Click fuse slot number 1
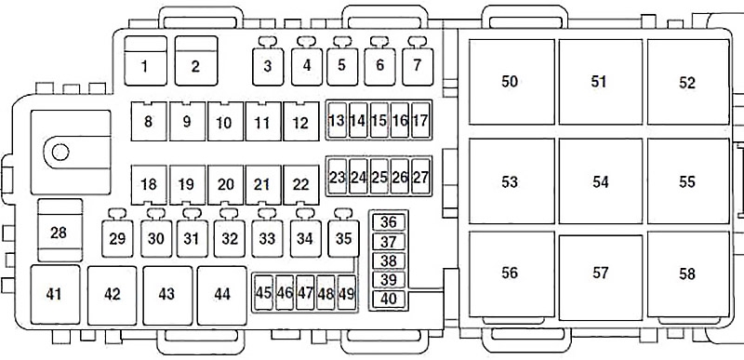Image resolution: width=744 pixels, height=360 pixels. point(144,64)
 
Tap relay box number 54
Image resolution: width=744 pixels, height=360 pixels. point(599,181)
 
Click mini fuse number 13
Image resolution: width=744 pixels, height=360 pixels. point(336,120)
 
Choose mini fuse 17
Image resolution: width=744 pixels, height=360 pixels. point(420,120)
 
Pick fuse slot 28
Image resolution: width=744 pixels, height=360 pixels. point(59,232)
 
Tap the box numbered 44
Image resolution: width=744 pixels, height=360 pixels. point(221,294)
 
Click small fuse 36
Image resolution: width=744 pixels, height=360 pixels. point(388,221)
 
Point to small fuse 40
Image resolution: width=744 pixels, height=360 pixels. point(388,300)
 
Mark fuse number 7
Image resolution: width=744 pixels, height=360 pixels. point(417,65)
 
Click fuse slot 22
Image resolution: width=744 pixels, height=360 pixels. point(299,183)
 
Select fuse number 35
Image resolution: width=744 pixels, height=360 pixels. point(344,238)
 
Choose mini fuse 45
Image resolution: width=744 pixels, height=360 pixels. point(263,293)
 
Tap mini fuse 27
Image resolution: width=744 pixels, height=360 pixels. point(420,177)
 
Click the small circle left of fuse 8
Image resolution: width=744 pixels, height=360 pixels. point(61,151)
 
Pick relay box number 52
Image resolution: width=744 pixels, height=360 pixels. point(687,82)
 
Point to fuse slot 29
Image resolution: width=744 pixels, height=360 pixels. point(116,239)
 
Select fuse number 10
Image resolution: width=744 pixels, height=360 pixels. point(224,122)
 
